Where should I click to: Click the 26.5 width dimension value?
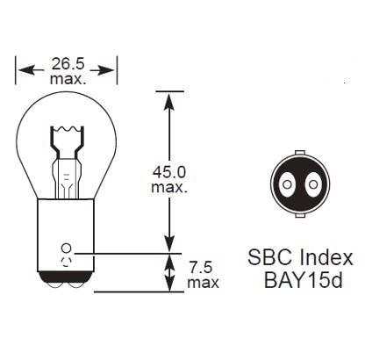[68, 64]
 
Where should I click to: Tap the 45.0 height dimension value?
[169, 172]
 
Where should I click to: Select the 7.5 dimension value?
[200, 268]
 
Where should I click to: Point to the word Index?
[326, 257]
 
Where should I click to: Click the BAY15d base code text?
[303, 280]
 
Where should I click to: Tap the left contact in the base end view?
[287, 184]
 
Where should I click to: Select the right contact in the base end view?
[313, 184]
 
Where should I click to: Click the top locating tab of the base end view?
[300, 154]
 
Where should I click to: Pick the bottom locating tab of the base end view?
[300, 215]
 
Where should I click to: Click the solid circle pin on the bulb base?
[66, 248]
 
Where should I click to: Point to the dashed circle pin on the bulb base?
[66, 261]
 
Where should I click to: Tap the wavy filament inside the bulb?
[67, 129]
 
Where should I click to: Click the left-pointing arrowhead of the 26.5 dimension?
[27, 70]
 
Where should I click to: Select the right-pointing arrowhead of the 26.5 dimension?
[105, 70]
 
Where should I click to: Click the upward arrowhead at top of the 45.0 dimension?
[169, 101]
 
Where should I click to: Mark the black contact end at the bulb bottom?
[66, 279]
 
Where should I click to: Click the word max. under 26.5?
[68, 79]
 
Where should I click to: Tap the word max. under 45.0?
[169, 187]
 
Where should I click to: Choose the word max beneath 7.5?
[203, 283]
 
